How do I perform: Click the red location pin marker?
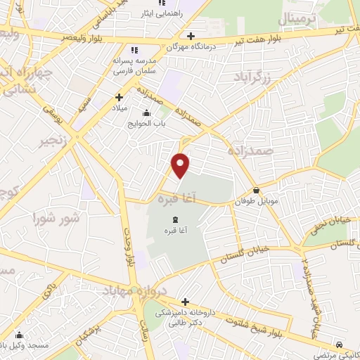(181, 165)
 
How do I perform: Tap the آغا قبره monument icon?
(174, 221)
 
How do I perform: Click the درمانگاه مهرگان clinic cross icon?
(191, 35)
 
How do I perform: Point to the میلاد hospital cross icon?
(119, 97)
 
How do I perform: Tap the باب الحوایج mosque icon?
(146, 113)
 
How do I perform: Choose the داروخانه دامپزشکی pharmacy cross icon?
(184, 302)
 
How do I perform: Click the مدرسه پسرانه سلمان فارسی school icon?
(135, 50)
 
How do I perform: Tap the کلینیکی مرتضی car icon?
(340, 345)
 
